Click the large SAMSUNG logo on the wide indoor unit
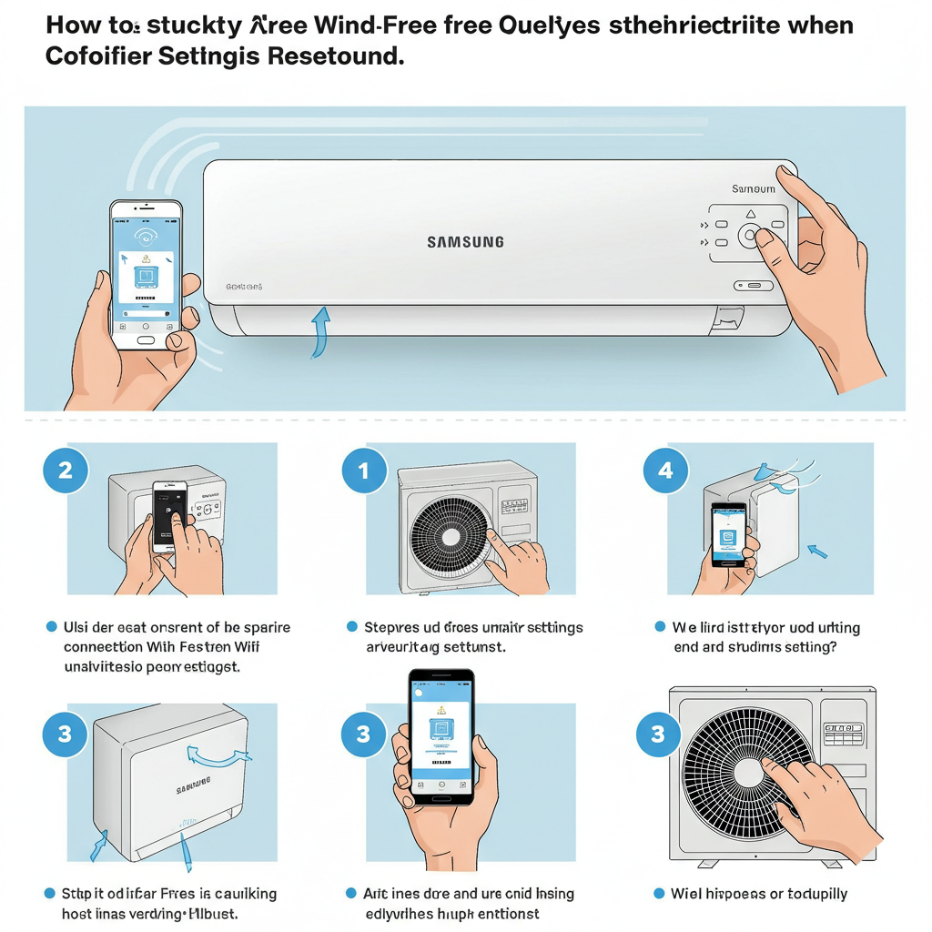[x=465, y=242]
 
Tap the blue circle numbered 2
[x=65, y=471]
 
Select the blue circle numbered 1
[x=363, y=471]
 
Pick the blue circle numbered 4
[x=665, y=471]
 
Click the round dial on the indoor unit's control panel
[x=749, y=236]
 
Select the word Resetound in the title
[x=336, y=56]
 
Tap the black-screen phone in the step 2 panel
[x=169, y=515]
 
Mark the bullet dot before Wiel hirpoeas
[x=659, y=894]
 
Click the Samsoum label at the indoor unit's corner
[x=754, y=188]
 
